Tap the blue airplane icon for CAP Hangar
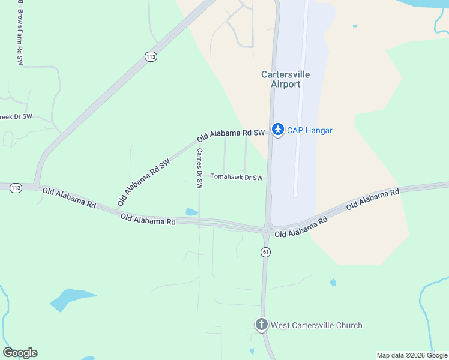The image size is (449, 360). click(x=277, y=130)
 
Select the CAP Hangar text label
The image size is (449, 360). click(x=309, y=130)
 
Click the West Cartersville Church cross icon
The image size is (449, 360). click(x=261, y=325)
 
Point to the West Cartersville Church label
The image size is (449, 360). click(x=316, y=326)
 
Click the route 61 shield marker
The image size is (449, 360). click(x=266, y=252)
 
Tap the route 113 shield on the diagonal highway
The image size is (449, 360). click(x=151, y=57)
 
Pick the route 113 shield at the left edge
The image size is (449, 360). click(x=16, y=188)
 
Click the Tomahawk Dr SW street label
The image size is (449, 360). click(x=237, y=178)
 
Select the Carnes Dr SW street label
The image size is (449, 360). click(x=199, y=168)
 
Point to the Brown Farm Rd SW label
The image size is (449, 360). click(x=20, y=36)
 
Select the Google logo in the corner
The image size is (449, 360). click(x=20, y=353)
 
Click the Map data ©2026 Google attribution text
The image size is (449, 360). click(x=412, y=355)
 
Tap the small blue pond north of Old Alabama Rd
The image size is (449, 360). click(x=191, y=212)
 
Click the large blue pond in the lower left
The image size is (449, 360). click(x=71, y=298)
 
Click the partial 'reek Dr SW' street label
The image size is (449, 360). click(x=16, y=117)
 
